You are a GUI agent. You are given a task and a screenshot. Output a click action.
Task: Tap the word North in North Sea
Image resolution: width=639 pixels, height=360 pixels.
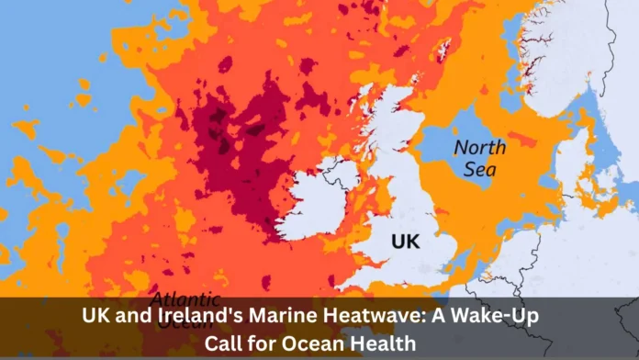tap(479, 148)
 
